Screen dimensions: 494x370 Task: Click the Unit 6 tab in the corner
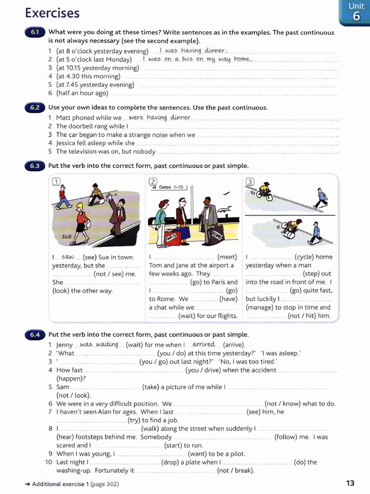(x=356, y=12)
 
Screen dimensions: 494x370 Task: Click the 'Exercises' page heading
(x=52, y=13)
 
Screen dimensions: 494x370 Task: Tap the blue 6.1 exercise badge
(x=35, y=32)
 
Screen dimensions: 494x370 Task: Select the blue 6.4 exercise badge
(x=35, y=334)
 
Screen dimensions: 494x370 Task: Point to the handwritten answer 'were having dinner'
(x=159, y=117)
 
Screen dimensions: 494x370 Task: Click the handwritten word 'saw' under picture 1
(x=68, y=257)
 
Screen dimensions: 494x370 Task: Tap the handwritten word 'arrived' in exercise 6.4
(x=204, y=344)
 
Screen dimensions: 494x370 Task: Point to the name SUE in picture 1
(x=67, y=237)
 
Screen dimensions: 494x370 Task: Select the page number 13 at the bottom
(x=350, y=483)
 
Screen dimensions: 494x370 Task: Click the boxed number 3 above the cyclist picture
(x=250, y=181)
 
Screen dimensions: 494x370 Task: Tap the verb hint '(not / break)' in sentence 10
(x=236, y=470)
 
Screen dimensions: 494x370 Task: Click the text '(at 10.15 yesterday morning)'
(x=97, y=68)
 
